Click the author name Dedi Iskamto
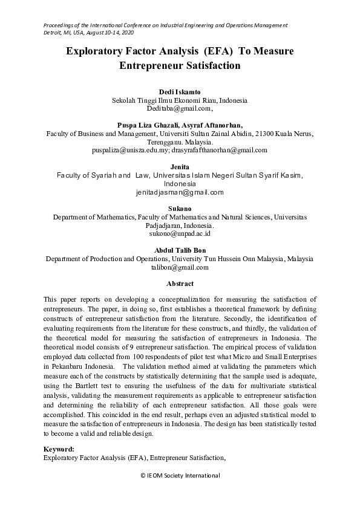point(180,91)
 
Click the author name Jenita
point(180,166)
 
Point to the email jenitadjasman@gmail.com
point(180,192)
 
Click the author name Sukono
point(180,207)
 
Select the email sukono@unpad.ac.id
point(180,233)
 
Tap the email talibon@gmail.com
point(180,267)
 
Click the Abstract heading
point(180,284)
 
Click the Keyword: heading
point(59,449)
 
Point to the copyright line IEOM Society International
point(180,476)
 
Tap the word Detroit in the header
point(53,32)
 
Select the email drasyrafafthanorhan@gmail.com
point(219,150)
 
